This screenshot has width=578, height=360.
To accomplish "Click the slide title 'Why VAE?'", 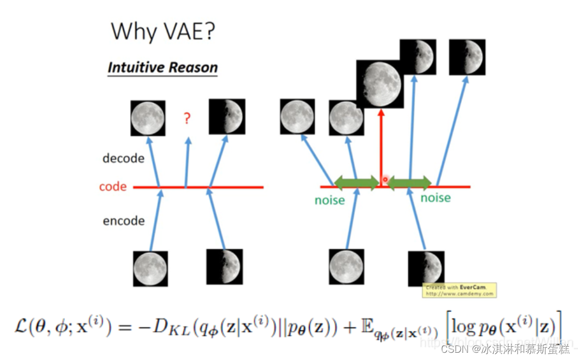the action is pos(163,32).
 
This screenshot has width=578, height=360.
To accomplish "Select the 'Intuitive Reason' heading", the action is pos(162,68).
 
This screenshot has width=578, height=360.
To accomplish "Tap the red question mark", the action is pos(187,118).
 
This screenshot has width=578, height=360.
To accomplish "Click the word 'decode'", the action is pos(123,158).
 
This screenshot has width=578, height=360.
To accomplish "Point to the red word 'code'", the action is pos(113,187).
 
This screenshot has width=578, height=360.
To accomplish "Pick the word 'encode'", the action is pos(123,221).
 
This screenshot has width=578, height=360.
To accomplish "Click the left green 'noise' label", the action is pos(330,201).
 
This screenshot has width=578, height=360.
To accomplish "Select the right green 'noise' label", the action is pos(435,198).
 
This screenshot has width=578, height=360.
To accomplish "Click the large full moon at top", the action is pos(380,83).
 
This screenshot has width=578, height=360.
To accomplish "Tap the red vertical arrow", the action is pos(381,144).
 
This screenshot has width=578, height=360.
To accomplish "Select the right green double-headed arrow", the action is pos(410,182).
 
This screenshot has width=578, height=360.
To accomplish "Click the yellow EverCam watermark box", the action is pos(460,290).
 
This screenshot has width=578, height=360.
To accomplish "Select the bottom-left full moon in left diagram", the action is pos(150,268).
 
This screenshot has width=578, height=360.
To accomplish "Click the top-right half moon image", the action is pos(467,57).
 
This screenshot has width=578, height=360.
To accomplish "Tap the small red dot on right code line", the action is pos(385,180).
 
